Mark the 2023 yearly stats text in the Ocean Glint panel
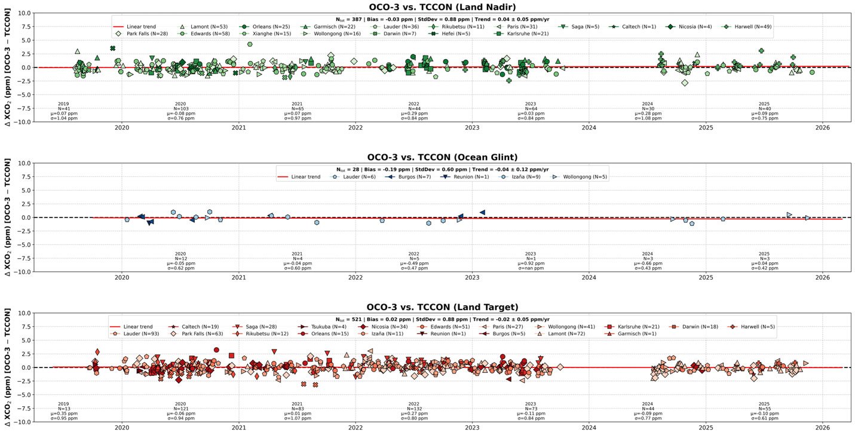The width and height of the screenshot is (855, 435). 530,261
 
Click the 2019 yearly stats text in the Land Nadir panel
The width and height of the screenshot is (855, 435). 64,111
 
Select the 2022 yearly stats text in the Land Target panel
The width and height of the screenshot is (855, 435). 413,411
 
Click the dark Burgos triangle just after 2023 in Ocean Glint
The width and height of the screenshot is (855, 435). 482,212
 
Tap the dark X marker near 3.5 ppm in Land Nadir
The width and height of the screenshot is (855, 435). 112,48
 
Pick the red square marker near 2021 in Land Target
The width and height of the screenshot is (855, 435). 231,356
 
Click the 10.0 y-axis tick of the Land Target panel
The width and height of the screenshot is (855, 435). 23,313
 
